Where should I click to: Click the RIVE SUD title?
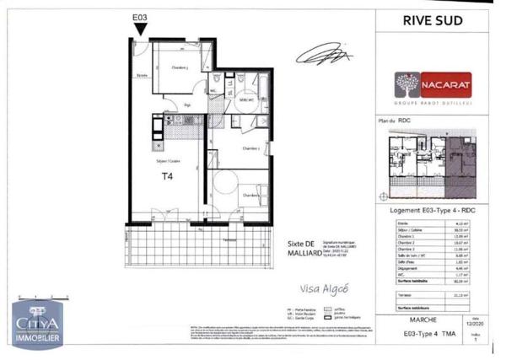(433, 21)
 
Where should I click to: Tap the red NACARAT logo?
(433, 84)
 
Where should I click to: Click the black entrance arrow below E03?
(141, 29)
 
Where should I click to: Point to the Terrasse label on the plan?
(229, 239)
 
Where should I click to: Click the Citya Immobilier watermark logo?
(36, 325)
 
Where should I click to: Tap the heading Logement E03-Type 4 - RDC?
(433, 210)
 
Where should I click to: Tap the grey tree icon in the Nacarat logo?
(407, 84)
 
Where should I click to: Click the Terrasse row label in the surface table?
(406, 295)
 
